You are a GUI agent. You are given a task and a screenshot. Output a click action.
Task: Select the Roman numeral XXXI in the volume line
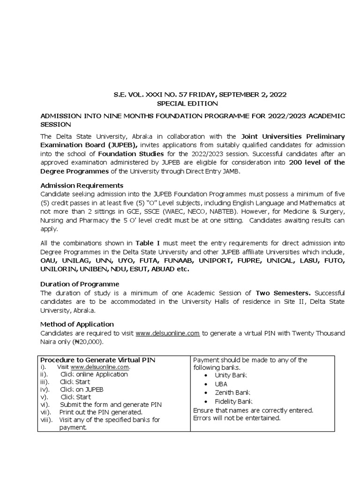point(147,94)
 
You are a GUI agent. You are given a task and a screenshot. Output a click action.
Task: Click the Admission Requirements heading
point(82,185)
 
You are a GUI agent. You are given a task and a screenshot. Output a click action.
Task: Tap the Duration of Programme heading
point(80,284)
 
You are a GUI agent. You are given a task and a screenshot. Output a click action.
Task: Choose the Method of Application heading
point(77,324)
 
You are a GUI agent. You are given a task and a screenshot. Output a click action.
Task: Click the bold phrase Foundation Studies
point(131,154)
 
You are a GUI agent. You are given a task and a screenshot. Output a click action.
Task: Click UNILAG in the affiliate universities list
point(75,261)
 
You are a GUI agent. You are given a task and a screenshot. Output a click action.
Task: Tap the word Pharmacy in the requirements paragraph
point(95,221)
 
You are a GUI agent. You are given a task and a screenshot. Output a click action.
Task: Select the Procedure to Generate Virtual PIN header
point(98,360)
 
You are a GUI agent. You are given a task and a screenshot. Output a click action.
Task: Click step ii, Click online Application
point(94,374)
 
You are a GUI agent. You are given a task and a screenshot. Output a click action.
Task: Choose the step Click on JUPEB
point(82,390)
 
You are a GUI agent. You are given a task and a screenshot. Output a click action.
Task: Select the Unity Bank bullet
point(231,375)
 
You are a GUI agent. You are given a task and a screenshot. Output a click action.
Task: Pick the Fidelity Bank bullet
point(233,401)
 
